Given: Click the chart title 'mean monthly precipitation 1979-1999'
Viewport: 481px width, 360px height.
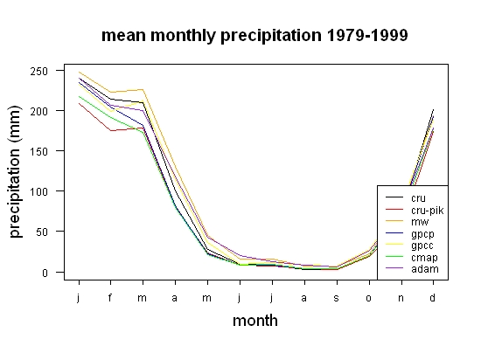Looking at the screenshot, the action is [254, 36].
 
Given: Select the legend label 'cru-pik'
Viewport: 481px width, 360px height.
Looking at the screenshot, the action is [428, 211].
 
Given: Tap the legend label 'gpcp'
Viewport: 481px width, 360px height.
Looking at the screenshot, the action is [422, 234].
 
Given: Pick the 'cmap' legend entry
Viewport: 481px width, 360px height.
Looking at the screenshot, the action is [424, 258].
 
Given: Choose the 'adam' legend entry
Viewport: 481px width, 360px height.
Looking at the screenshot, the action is [425, 269].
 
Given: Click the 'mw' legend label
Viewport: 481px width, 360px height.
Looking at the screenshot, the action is [420, 222].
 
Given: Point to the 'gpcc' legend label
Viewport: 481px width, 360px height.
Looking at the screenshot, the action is [422, 246].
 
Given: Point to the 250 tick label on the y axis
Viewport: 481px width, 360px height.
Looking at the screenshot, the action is [39, 72].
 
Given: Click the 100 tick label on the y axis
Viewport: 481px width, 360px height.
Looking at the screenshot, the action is [39, 191].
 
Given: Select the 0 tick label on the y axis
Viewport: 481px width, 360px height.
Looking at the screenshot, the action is [45, 273].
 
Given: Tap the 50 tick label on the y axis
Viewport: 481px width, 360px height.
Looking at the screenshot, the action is [42, 232].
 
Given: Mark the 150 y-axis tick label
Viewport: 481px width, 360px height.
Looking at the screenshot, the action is [39, 152].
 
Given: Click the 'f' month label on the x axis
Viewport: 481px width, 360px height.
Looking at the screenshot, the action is [110, 297].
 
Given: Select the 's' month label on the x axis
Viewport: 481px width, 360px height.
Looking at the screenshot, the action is [336, 298].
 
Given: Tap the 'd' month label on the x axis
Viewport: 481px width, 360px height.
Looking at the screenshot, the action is [432, 297].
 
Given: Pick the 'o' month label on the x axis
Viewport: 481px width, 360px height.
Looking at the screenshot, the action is [368, 298].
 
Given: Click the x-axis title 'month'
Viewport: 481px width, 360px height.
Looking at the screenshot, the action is [255, 321].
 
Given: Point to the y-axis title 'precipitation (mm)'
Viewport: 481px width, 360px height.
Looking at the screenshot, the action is [15, 171].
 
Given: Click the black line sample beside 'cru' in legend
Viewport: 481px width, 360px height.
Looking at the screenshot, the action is [394, 197].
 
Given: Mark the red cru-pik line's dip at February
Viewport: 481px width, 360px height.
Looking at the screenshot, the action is [111, 130].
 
